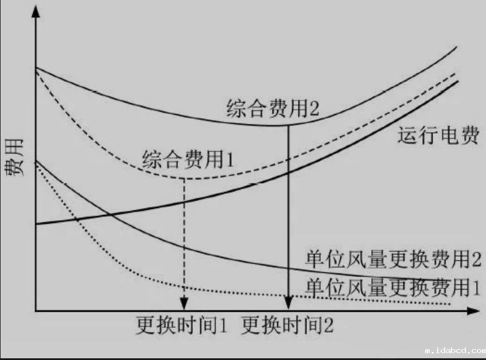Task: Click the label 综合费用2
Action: [273, 108]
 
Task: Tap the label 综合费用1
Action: [188, 159]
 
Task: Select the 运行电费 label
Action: [438, 135]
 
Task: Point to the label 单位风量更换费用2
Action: [393, 259]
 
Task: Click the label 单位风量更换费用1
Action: [392, 287]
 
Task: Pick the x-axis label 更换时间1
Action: [182, 325]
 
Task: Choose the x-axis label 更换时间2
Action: [287, 325]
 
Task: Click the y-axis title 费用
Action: [14, 158]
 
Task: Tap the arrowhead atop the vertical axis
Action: [36, 12]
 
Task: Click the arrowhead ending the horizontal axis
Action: [473, 311]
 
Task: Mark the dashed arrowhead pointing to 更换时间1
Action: [184, 304]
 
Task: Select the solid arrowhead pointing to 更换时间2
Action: [289, 303]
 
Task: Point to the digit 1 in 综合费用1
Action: [230, 160]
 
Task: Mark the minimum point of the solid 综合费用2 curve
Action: [273, 126]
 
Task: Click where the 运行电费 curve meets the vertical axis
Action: [36, 224]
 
